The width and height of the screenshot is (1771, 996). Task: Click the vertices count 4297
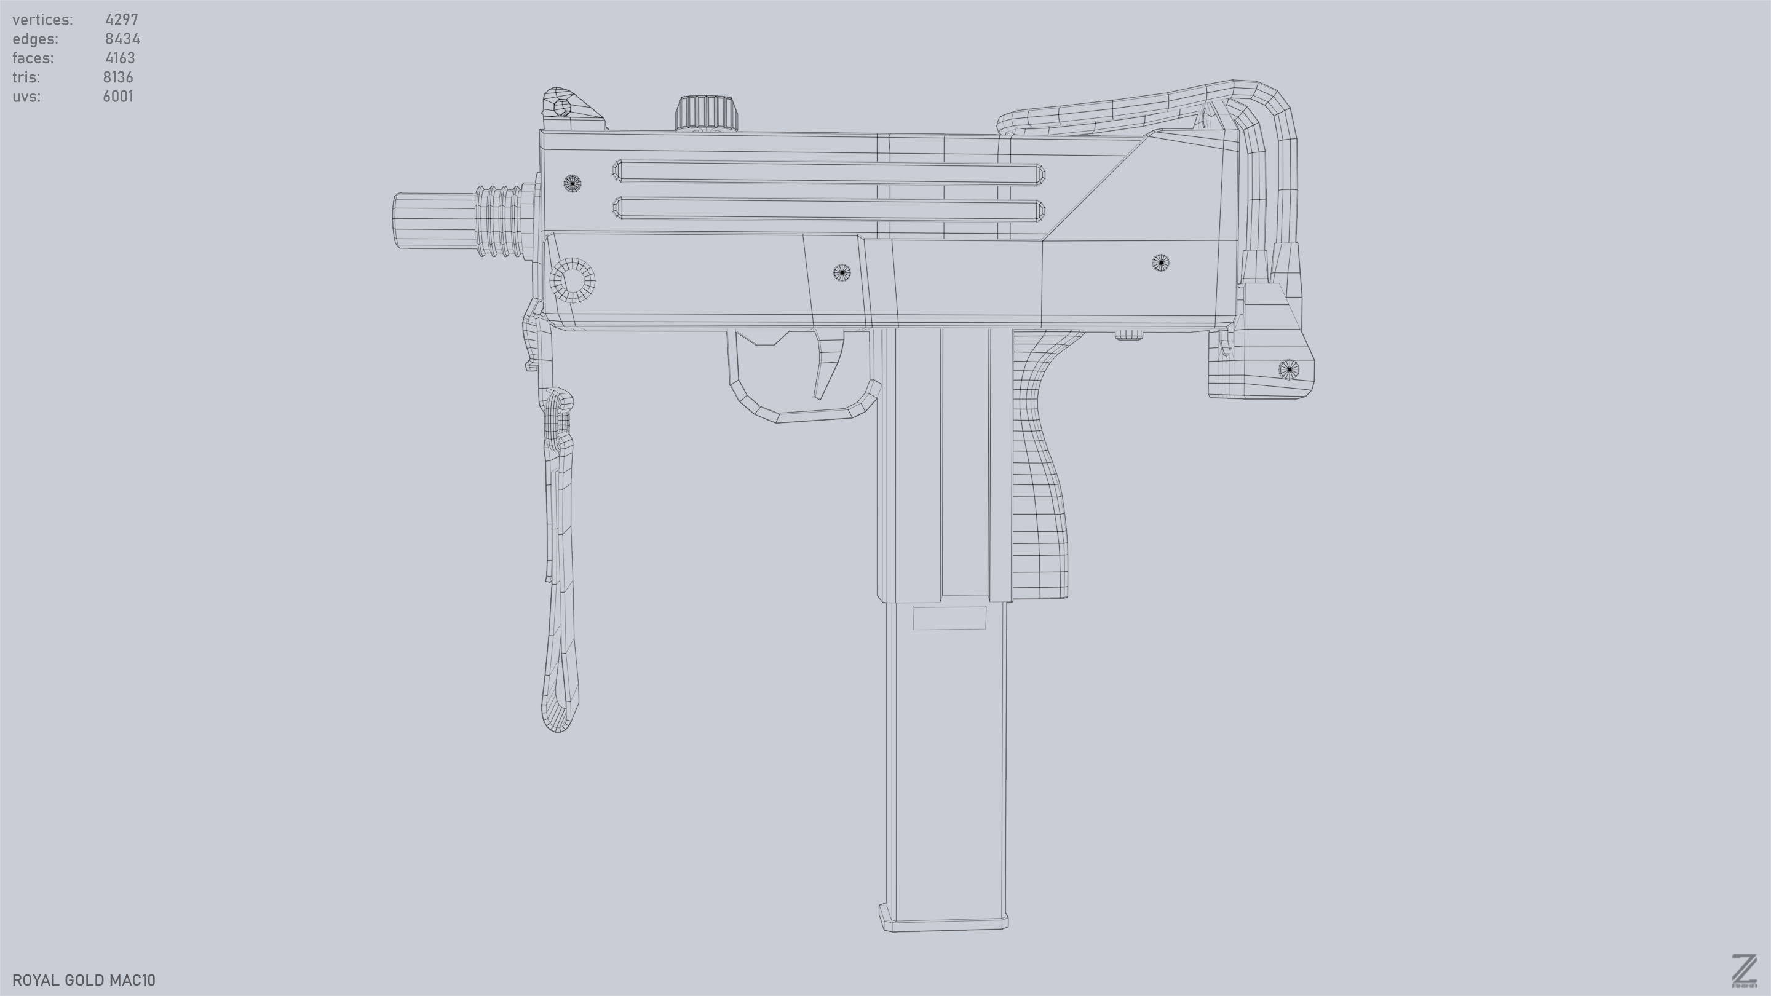pyautogui.click(x=122, y=20)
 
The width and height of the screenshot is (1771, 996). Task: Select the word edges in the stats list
pyautogui.click(x=35, y=39)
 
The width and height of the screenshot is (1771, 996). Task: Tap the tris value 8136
pyautogui.click(x=118, y=77)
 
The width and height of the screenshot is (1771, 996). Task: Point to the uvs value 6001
pyautogui.click(x=118, y=97)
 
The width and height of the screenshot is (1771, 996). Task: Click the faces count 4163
pyautogui.click(x=121, y=58)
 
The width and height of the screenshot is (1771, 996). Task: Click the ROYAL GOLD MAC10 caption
pyautogui.click(x=84, y=980)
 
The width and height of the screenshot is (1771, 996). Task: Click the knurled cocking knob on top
pyautogui.click(x=706, y=113)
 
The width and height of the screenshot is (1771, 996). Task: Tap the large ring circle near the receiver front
pyautogui.click(x=573, y=280)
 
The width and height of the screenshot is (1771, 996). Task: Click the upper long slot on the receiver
pyautogui.click(x=828, y=173)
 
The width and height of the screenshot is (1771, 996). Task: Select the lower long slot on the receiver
pyautogui.click(x=828, y=209)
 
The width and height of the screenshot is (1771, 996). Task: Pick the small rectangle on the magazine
pyautogui.click(x=949, y=618)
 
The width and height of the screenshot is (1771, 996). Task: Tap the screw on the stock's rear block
pyautogui.click(x=1288, y=369)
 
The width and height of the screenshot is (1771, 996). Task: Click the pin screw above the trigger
pyautogui.click(x=841, y=273)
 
